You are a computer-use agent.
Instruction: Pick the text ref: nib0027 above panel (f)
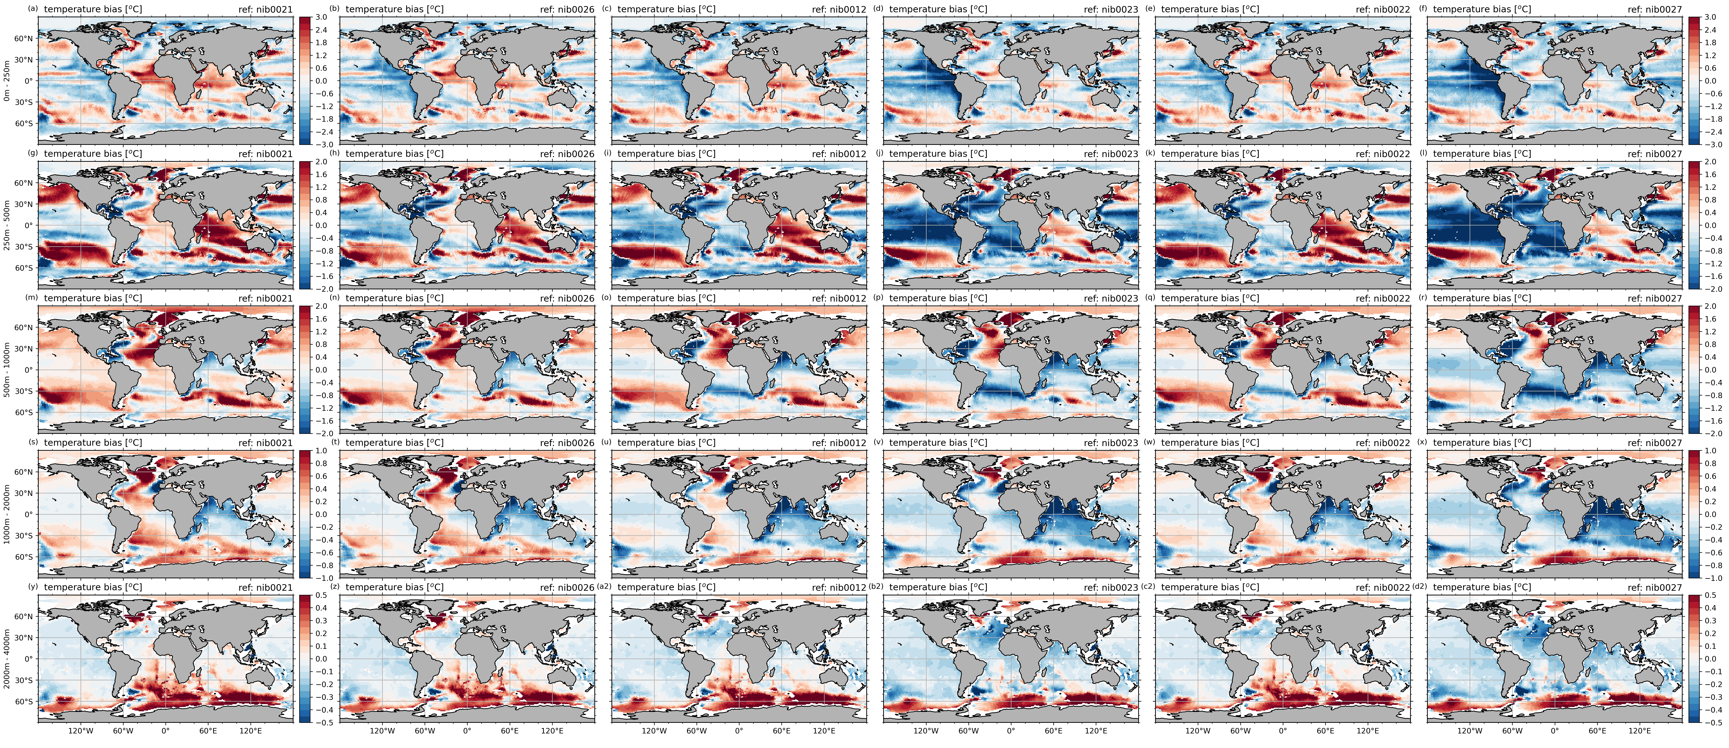click(1655, 9)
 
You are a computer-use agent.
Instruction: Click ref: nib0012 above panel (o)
click(839, 298)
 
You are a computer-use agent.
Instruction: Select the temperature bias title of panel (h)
click(395, 154)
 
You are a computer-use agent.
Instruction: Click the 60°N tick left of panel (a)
click(24, 38)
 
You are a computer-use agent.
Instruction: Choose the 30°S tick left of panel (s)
click(24, 536)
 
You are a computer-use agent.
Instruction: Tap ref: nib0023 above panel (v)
click(1111, 442)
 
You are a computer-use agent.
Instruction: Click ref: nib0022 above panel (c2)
click(1383, 587)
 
